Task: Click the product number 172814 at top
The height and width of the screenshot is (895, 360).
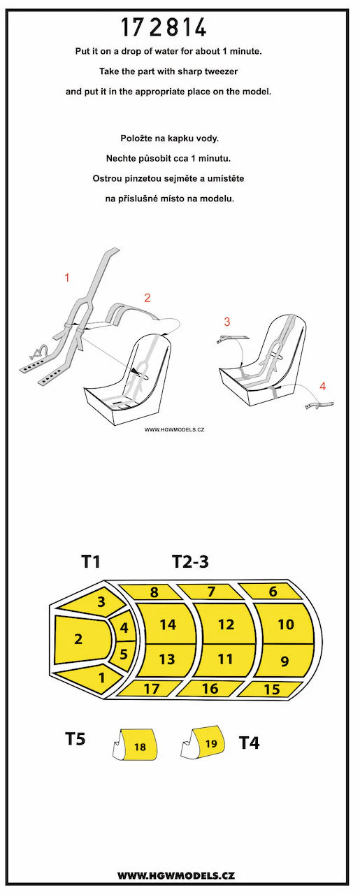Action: coord(164,28)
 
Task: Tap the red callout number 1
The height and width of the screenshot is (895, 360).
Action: coord(67,278)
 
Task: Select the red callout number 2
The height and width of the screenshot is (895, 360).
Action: coord(147,298)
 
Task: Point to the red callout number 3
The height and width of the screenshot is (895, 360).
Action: coord(227,322)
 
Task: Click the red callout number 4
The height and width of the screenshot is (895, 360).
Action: coord(323,386)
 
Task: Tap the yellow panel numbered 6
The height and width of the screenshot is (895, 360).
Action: coord(273,592)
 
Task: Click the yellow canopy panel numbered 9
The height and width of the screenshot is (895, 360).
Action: coord(284,661)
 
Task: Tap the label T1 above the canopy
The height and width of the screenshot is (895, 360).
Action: coord(90,561)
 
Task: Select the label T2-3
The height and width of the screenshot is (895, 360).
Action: coord(190,561)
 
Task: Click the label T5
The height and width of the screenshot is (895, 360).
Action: coord(75,739)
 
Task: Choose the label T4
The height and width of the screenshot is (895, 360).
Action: coord(250,743)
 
